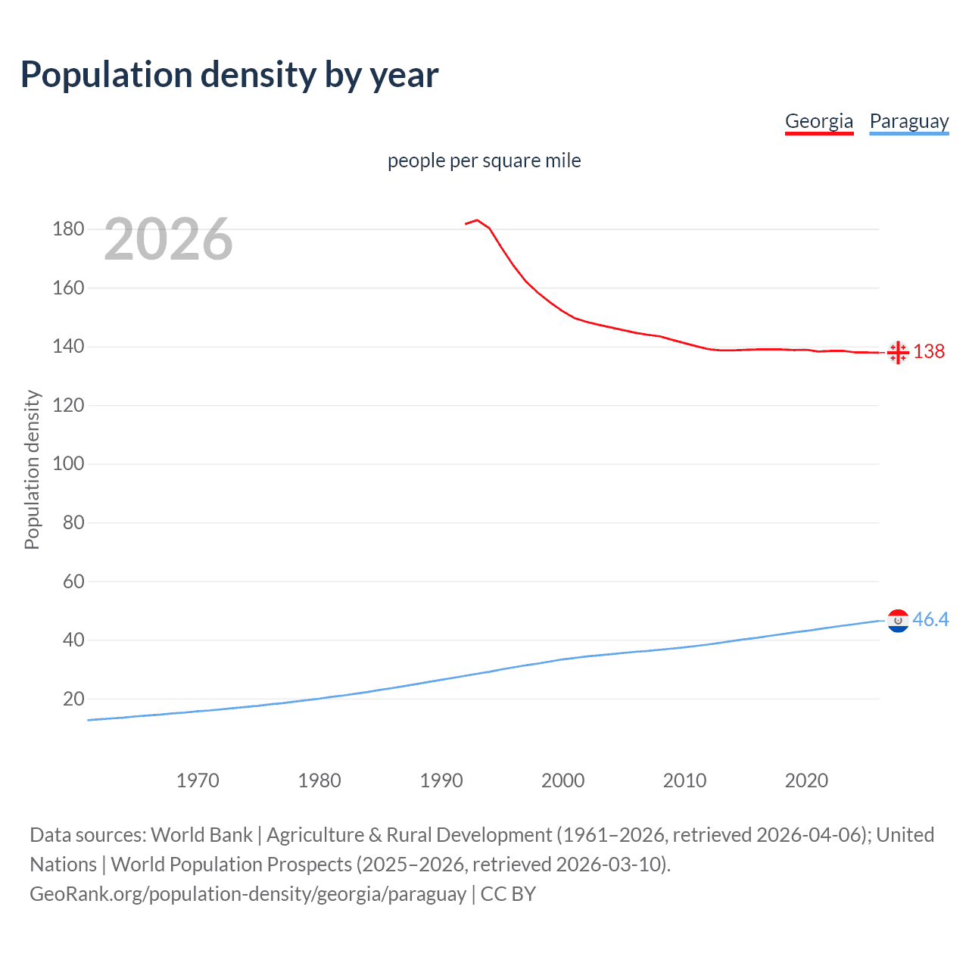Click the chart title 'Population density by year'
[229, 75]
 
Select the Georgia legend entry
[818, 121]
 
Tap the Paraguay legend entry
[908, 121]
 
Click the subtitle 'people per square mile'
[484, 161]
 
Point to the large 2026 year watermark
[168, 239]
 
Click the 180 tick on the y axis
[68, 229]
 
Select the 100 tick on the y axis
[68, 464]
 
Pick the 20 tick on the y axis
[73, 699]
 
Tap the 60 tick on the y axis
[73, 581]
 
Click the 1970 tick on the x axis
[198, 780]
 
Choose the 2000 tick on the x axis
[562, 780]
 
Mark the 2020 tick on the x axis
[806, 780]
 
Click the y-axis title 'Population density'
[32, 469]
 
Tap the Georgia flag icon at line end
[898, 352]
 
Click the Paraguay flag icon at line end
[898, 620]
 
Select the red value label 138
[929, 351]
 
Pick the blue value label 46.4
[930, 619]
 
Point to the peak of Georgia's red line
[477, 220]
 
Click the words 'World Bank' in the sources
[201, 835]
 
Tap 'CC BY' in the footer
[508, 894]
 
